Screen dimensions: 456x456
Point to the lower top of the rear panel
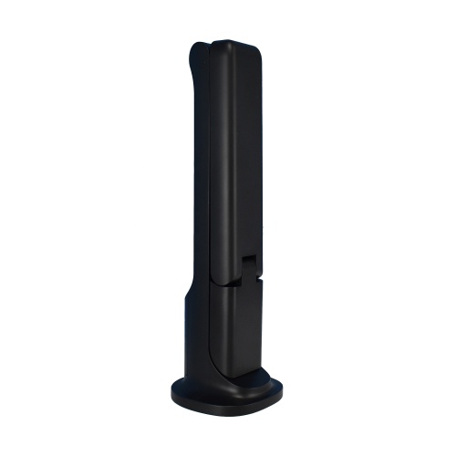tap(201, 46)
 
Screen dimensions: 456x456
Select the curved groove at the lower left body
tap(202, 356)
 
